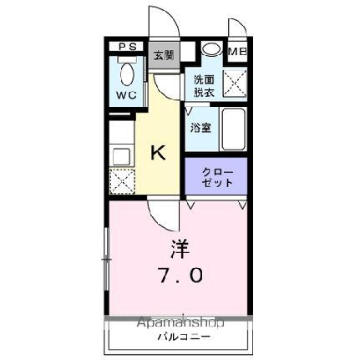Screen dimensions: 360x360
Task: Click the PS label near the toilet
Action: [127, 48]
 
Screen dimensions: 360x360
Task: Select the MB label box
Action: [238, 52]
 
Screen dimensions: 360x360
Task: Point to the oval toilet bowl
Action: [128, 78]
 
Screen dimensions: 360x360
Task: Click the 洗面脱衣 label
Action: [203, 86]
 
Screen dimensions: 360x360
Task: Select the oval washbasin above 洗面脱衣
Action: [211, 49]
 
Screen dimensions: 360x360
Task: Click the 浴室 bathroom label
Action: [200, 129]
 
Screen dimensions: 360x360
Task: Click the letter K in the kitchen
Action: [157, 152]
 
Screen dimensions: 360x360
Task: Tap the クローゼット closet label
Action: [215, 178]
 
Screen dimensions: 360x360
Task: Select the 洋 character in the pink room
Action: [179, 247]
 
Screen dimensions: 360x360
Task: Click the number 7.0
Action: [178, 276]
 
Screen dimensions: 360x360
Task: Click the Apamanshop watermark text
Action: [180, 323]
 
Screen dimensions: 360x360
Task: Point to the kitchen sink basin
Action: [120, 155]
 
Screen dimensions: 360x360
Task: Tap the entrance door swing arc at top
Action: [162, 23]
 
